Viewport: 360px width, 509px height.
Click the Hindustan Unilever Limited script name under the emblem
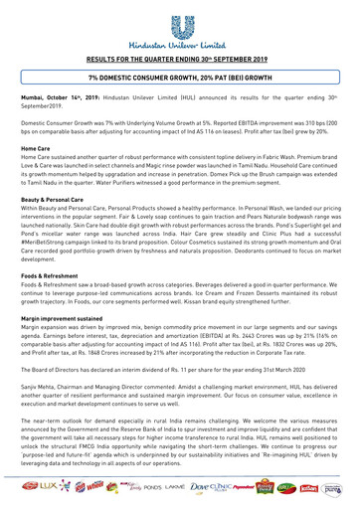pyautogui.click(x=180, y=47)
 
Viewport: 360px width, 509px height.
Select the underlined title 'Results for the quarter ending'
pyautogui.click(x=180, y=61)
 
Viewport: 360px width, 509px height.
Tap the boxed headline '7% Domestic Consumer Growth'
pyautogui.click(x=180, y=88)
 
